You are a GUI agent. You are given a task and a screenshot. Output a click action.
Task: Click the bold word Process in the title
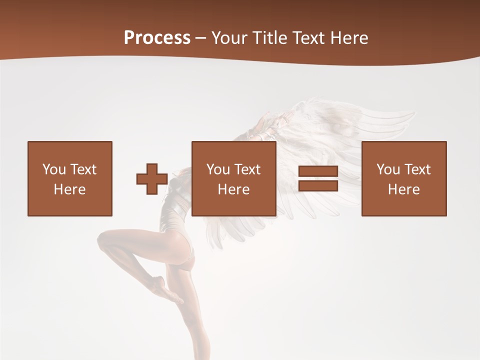(157, 38)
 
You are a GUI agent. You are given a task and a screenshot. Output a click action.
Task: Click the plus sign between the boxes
(152, 179)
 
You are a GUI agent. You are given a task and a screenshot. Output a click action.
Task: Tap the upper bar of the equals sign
(318, 171)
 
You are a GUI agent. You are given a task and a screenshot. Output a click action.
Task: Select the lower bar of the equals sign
(318, 185)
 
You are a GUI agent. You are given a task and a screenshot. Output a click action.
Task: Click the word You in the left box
(54, 169)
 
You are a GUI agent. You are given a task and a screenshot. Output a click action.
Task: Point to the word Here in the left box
(70, 189)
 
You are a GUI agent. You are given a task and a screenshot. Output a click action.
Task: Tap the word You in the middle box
(218, 169)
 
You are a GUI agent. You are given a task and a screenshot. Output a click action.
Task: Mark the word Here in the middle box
(234, 189)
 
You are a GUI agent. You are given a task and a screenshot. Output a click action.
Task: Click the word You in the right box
(388, 169)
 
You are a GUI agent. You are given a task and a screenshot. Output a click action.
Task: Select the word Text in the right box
(417, 169)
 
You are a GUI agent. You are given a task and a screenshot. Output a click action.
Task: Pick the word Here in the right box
(404, 189)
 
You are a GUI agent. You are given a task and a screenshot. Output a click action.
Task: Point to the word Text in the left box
(83, 169)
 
